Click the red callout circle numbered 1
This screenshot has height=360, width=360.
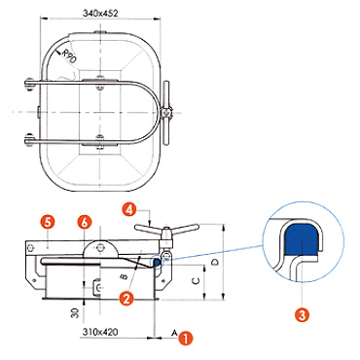coord(186,339)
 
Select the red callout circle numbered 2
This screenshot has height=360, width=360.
coord(126,298)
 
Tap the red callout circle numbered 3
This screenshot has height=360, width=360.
coord(302,314)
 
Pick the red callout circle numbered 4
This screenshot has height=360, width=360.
coord(129,209)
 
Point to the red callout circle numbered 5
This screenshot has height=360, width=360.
coord(48,223)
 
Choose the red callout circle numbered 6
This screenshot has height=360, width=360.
coord(85,223)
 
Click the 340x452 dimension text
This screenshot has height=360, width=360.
coord(100,14)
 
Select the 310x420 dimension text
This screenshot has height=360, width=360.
coord(100,332)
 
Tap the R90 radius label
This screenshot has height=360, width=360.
coord(69,55)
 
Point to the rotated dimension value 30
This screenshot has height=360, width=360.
coord(75,313)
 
